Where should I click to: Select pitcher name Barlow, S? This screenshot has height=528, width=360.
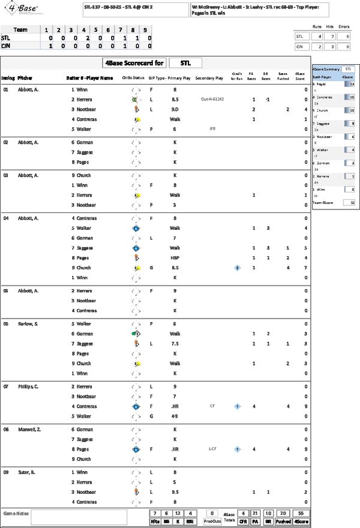point(28,323)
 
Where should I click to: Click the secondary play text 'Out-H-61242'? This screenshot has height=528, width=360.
point(212,100)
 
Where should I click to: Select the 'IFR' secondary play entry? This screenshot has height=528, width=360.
point(212,128)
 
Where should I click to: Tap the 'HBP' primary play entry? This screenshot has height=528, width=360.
point(175,257)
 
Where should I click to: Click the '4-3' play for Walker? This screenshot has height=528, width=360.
point(175,416)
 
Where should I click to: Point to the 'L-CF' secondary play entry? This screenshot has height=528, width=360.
point(212,449)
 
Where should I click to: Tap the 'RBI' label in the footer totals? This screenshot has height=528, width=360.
point(190,522)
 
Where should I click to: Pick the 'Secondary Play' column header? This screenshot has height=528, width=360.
point(209,78)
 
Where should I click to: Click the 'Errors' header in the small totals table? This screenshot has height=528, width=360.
point(344,26)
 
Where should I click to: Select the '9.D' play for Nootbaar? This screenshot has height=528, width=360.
point(175,109)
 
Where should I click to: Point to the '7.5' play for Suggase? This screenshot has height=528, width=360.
point(175,344)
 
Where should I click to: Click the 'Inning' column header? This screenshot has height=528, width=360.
point(8,78)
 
